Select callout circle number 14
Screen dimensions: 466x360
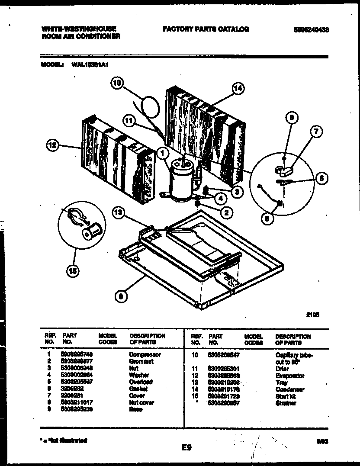pyautogui.click(x=238, y=89)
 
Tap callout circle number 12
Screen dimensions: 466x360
pyautogui.click(x=53, y=147)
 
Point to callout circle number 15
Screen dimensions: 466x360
pyautogui.click(x=73, y=271)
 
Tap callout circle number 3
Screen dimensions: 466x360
pyautogui.click(x=236, y=191)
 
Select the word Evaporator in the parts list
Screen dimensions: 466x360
pyautogui.click(x=289, y=376)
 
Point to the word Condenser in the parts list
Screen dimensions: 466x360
pyautogui.click(x=289, y=389)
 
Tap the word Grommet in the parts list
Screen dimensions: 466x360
pyautogui.click(x=141, y=362)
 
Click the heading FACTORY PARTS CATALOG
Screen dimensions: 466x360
pyautogui.click(x=206, y=29)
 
